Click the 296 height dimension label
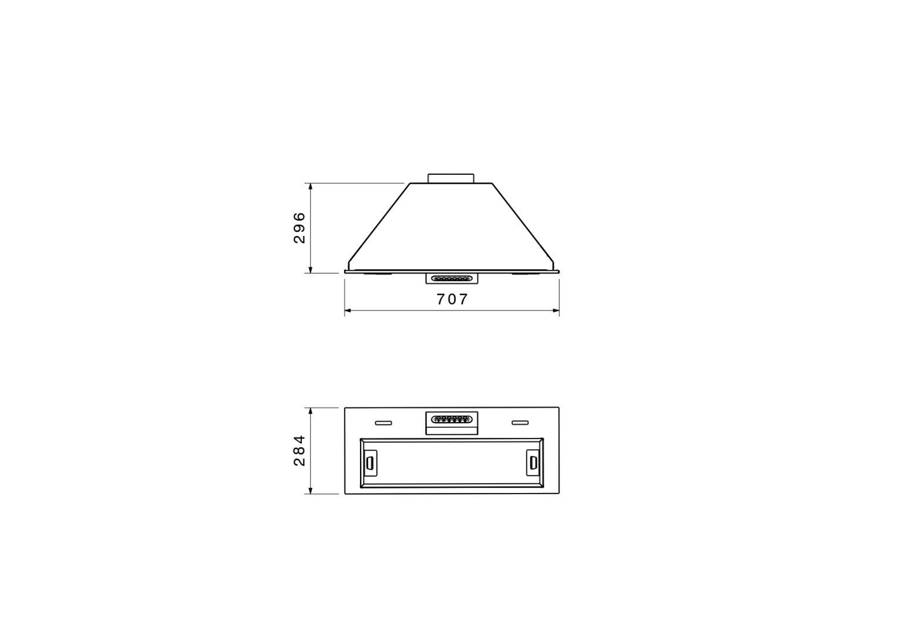pos(299,227)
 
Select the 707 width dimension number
pos(452,299)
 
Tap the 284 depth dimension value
pos(299,450)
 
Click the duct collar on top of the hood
pos(450,178)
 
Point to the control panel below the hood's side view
pos(452,278)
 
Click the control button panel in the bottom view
pos(452,423)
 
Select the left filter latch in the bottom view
pos(369,463)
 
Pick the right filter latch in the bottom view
pos(533,463)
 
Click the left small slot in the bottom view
pos(383,423)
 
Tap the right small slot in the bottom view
pos(520,423)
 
